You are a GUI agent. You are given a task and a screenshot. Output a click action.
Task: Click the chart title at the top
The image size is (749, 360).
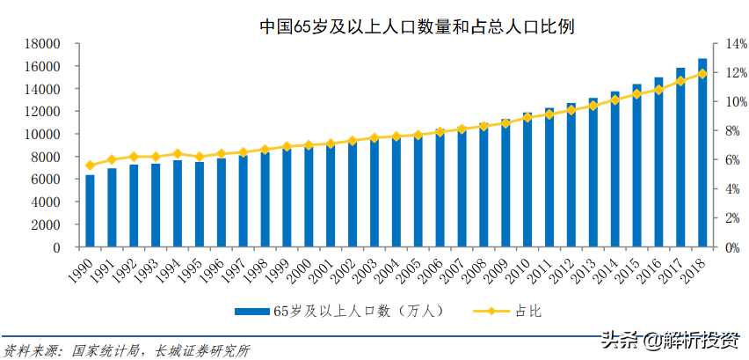(417, 26)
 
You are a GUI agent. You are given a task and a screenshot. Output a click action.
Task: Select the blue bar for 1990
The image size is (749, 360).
(90, 211)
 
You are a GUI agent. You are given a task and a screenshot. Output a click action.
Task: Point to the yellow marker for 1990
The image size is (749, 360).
(90, 165)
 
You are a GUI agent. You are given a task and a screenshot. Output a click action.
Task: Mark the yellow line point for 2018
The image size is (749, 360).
(702, 74)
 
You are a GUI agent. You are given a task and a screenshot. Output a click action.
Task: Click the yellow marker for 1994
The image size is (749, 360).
(178, 154)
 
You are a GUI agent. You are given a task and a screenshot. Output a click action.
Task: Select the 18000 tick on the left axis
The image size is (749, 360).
(40, 44)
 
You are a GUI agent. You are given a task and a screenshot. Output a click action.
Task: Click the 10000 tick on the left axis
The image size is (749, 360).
(40, 135)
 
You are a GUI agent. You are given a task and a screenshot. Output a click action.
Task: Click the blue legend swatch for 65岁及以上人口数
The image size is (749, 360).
(252, 311)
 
